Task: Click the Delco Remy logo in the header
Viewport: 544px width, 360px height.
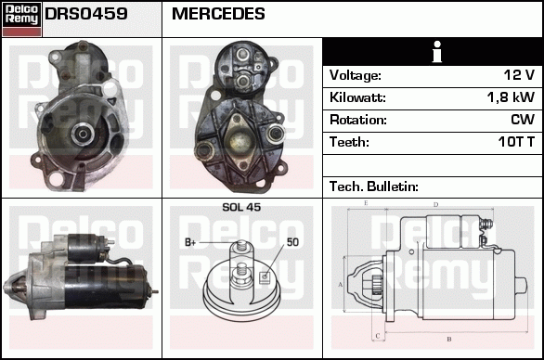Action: tap(20, 18)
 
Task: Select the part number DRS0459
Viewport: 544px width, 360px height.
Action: tap(86, 15)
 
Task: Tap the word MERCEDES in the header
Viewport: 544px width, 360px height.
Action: tap(218, 15)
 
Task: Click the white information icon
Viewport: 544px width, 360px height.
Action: tap(432, 52)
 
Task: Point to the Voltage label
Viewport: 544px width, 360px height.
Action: tap(355, 75)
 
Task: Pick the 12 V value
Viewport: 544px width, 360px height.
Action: tap(517, 75)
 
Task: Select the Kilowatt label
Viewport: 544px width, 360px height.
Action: tap(357, 97)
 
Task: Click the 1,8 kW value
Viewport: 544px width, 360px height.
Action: tap(511, 97)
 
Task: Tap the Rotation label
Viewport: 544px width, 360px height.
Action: tap(357, 120)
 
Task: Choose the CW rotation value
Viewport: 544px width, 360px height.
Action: tap(522, 120)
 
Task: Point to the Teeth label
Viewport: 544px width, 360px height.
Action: tap(349, 142)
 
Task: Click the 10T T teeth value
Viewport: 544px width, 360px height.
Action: tap(513, 142)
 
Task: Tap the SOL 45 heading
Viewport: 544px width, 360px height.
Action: tap(241, 208)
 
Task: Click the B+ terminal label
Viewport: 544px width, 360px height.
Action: tap(191, 242)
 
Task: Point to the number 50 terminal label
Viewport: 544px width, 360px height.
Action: tap(292, 242)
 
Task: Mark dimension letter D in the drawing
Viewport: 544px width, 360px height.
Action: tap(435, 204)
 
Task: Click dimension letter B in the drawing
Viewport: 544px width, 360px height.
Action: tap(448, 338)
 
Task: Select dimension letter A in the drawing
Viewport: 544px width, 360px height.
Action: tap(341, 284)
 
